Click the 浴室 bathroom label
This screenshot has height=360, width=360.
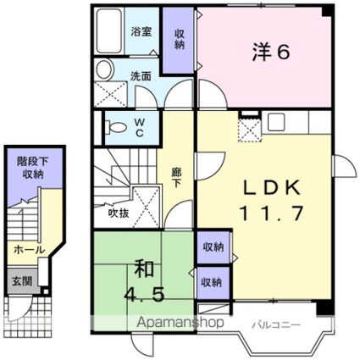click(141, 31)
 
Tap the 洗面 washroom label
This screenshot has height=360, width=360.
click(141, 75)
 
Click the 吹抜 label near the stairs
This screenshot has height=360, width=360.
click(119, 213)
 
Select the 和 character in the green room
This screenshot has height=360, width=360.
click(141, 272)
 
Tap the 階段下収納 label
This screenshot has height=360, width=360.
click(31, 167)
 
